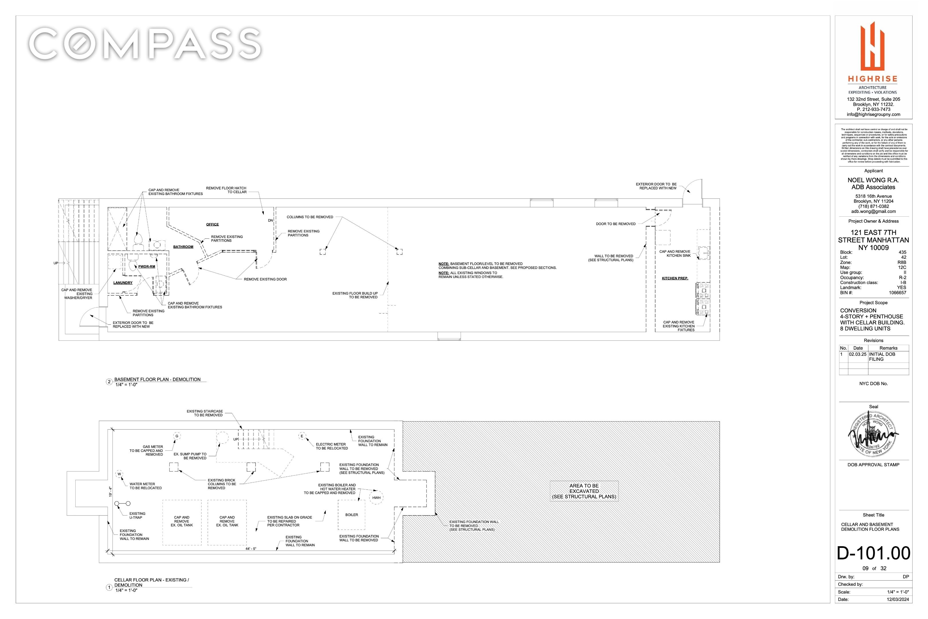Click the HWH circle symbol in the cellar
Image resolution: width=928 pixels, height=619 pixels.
[x=376, y=498]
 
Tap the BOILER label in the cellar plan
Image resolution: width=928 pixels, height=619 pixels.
[x=351, y=515]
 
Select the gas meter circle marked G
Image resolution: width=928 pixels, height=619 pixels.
[x=177, y=436]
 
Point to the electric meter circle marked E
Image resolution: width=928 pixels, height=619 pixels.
[x=302, y=436]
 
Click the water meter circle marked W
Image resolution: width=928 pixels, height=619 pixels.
[x=119, y=474]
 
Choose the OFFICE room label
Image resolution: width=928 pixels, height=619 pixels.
[x=212, y=224]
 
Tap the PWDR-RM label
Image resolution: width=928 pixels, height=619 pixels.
[x=146, y=267]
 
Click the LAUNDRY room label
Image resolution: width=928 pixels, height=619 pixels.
[x=123, y=283]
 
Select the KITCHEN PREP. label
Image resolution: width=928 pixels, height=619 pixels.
[x=675, y=278]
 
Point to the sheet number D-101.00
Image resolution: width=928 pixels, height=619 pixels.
[x=874, y=553]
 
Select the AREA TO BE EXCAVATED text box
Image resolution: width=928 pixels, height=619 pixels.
[x=584, y=491]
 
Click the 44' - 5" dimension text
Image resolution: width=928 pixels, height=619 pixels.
[x=251, y=549]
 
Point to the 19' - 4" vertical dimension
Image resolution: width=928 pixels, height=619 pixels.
[x=111, y=491]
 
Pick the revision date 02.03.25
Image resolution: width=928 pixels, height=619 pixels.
[x=858, y=354]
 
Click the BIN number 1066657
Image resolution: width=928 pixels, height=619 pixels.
[x=897, y=293]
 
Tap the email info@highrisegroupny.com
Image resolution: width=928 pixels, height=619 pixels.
[x=874, y=114]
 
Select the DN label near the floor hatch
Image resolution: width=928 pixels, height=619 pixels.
[x=270, y=220]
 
